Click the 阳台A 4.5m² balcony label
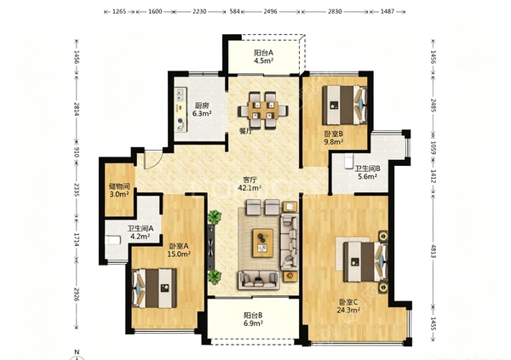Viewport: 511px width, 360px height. pyautogui.click(x=264, y=56)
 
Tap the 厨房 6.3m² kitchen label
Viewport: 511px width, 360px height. pyautogui.click(x=202, y=110)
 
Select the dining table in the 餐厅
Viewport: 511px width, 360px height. pyautogui.click(x=263, y=111)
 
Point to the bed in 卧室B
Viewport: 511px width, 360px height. pyautogui.click(x=345, y=105)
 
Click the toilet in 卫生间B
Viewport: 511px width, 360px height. pyautogui.click(x=348, y=160)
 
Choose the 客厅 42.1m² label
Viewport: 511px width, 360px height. pyautogui.click(x=250, y=184)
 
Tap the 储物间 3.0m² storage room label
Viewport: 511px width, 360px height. pyautogui.click(x=118, y=191)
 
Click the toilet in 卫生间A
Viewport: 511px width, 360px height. pyautogui.click(x=113, y=241)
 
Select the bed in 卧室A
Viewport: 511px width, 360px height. pyautogui.click(x=154, y=288)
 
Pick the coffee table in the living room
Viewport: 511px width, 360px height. pyautogui.click(x=262, y=243)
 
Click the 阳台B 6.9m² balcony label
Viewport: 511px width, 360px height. pyautogui.click(x=253, y=319)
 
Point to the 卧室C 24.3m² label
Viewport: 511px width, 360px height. pyautogui.click(x=348, y=306)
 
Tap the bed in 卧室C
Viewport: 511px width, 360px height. pyautogui.click(x=365, y=261)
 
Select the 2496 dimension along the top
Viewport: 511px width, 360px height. pyautogui.click(x=270, y=11)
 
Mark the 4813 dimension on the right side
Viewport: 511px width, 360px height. pyautogui.click(x=433, y=251)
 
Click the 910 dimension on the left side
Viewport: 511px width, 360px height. pyautogui.click(x=77, y=151)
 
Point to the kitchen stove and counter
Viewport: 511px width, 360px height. pyautogui.click(x=181, y=110)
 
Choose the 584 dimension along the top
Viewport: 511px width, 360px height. pyautogui.click(x=235, y=11)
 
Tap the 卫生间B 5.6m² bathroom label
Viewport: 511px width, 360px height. pyautogui.click(x=367, y=173)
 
